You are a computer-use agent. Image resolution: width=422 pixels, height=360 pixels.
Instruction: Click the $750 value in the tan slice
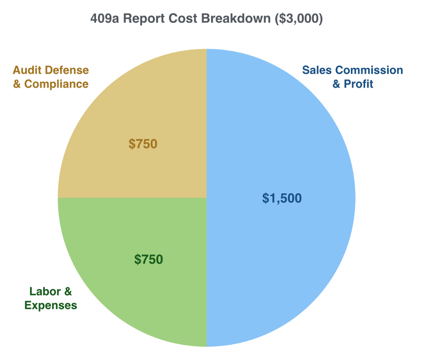click(x=143, y=144)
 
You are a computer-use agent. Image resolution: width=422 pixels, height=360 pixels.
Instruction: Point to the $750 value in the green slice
click(x=149, y=259)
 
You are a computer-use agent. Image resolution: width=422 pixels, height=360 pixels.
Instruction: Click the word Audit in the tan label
click(x=27, y=70)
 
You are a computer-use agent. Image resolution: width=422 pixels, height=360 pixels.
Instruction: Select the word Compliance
click(x=55, y=84)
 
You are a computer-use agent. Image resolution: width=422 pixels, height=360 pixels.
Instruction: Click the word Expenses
click(x=51, y=305)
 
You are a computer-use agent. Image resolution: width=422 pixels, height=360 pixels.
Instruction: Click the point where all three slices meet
click(x=206, y=198)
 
